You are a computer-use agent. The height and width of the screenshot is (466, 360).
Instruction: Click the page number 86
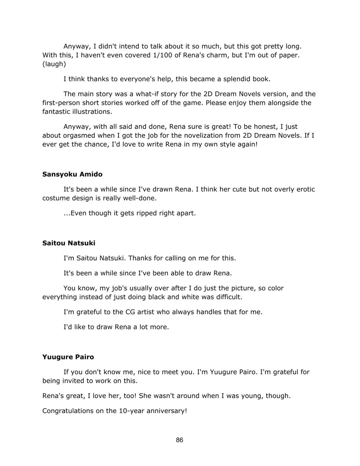coord(179,440)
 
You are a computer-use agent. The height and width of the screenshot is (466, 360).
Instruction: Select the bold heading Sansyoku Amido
coord(72,174)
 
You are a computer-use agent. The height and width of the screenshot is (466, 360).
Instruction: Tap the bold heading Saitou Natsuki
coord(69,243)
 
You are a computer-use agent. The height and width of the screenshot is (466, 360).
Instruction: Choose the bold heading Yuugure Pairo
coord(68,357)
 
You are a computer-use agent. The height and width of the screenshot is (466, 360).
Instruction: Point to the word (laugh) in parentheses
coord(54,64)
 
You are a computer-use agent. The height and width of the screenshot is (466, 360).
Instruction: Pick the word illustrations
coord(91,111)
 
